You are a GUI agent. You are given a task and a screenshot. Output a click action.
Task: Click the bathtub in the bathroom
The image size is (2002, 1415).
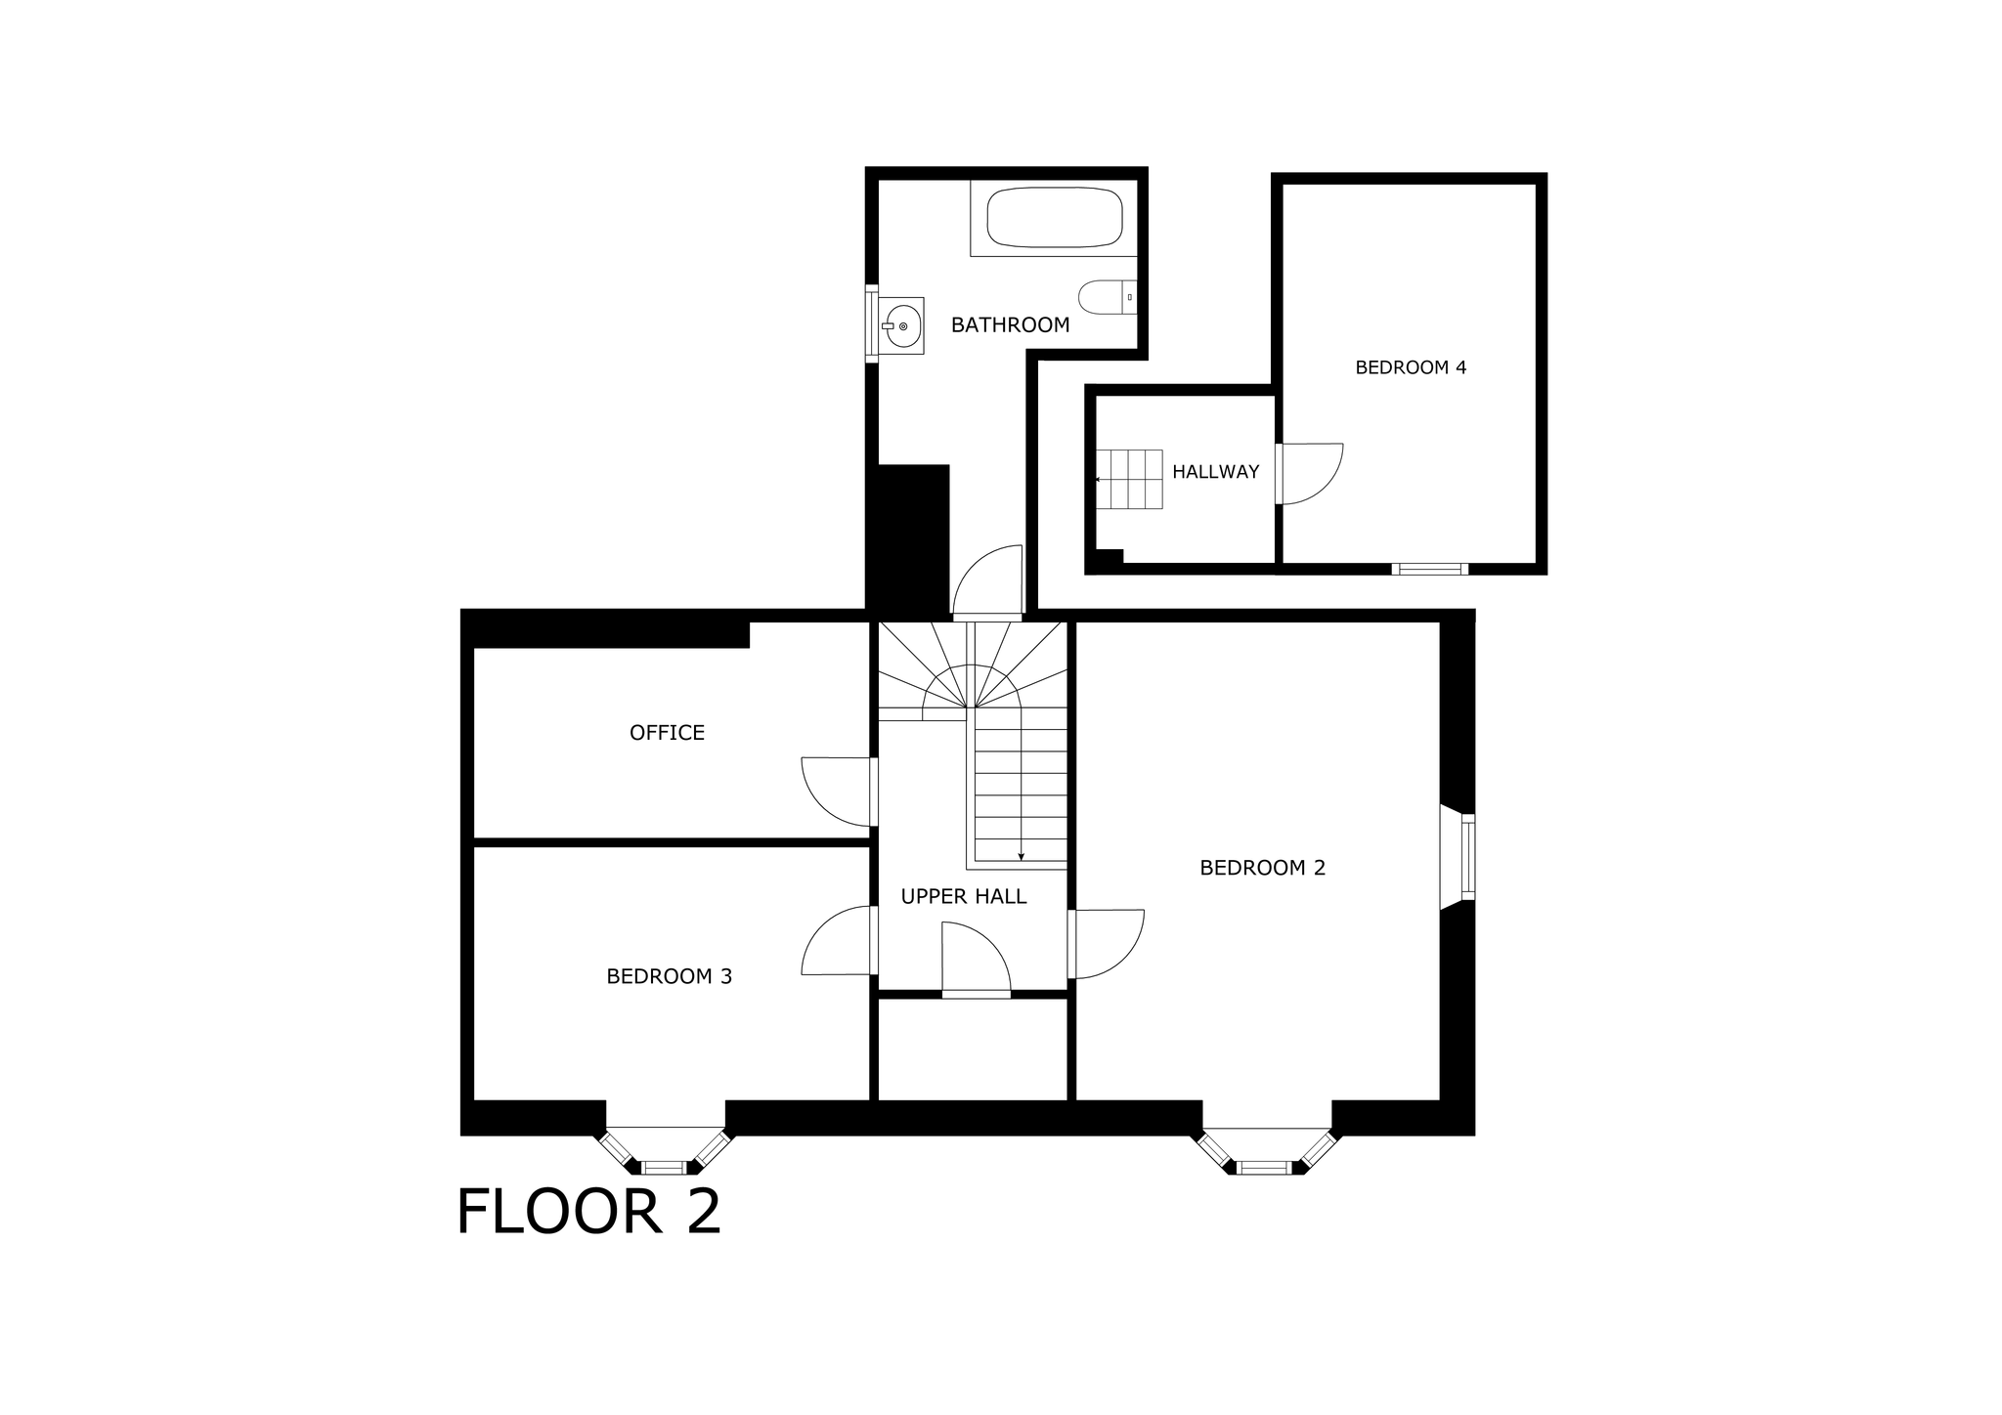1054,217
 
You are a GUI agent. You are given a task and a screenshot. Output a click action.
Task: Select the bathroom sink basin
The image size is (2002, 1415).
902,325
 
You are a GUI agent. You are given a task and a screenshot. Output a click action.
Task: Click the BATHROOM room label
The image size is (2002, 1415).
1010,325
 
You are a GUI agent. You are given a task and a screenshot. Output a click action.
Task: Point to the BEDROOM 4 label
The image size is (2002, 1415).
1411,367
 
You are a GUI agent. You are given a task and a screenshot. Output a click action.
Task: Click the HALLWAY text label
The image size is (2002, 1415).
1215,472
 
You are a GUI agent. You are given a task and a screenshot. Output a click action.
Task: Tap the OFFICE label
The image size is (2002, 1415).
667,733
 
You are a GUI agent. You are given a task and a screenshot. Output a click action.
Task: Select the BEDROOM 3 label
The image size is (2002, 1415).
669,976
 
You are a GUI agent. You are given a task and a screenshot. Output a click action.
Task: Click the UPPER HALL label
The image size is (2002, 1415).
963,896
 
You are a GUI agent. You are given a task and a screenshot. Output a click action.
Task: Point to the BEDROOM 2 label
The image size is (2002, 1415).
1262,868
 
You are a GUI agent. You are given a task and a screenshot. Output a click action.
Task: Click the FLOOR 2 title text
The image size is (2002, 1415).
588,1213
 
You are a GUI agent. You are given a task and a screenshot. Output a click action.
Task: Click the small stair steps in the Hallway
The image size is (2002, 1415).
1128,479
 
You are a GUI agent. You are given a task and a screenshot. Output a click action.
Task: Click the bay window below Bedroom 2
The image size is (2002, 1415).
1265,1151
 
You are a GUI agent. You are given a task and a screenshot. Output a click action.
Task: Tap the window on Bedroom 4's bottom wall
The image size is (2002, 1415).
1429,569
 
